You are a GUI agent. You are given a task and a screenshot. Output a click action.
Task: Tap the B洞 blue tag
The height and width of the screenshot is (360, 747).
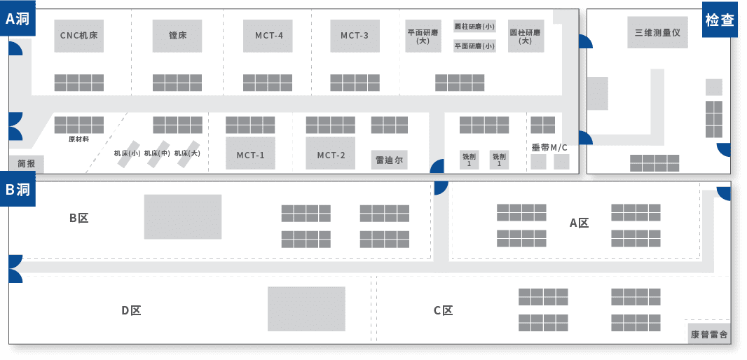pos(18,189)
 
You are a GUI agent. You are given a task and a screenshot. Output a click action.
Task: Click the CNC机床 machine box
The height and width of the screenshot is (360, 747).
pos(78,36)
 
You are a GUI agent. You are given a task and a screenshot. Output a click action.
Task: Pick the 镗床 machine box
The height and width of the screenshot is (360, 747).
pos(177,36)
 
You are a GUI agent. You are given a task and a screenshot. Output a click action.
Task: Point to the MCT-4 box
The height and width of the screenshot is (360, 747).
pos(268,36)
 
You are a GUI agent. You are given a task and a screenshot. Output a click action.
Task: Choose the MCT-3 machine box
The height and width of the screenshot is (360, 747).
pos(355,36)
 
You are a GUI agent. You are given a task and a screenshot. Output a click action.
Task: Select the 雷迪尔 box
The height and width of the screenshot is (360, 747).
pos(389,160)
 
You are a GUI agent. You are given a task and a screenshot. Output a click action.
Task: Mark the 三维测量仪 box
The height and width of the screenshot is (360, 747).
pos(657,32)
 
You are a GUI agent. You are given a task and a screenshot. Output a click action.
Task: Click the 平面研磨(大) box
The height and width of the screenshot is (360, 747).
pos(423,36)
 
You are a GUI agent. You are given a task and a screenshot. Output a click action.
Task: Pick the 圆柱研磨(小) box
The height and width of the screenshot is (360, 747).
pos(474,26)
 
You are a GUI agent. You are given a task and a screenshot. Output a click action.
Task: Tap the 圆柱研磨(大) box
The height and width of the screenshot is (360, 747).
pos(526,36)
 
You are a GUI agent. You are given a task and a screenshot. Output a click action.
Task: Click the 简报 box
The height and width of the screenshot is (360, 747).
pos(26,164)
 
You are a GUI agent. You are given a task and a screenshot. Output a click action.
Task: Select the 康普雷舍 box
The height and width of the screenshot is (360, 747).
pos(709,334)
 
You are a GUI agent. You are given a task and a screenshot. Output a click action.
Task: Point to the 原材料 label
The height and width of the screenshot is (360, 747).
pos(79,139)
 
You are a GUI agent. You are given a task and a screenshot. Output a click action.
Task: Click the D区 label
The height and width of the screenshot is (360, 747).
pos(131,310)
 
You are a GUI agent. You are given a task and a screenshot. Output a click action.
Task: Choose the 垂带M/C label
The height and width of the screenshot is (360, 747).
pos(549,148)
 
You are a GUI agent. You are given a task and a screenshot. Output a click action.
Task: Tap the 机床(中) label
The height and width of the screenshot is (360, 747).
pos(157,153)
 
